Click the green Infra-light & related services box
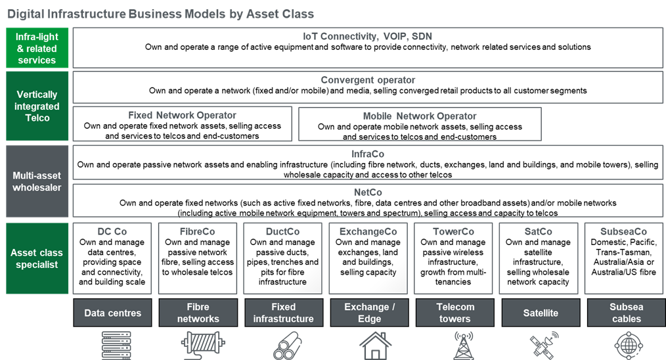tap(37, 48)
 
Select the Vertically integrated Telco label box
tap(37, 106)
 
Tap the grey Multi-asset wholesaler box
tap(37, 181)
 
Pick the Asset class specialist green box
tap(37, 258)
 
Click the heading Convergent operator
tap(368, 80)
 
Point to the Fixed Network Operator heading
tap(182, 115)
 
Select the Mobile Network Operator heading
tap(420, 116)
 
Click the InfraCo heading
tap(368, 154)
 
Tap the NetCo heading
tap(368, 192)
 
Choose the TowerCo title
tap(453, 232)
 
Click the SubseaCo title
tap(623, 232)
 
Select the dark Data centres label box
tap(112, 313)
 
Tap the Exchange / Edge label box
tap(370, 313)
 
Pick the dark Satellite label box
tap(541, 313)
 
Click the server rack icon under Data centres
tap(116, 346)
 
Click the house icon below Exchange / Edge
tap(375, 346)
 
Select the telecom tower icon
tap(464, 346)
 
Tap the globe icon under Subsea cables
tap(629, 346)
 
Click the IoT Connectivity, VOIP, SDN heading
tap(367, 37)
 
